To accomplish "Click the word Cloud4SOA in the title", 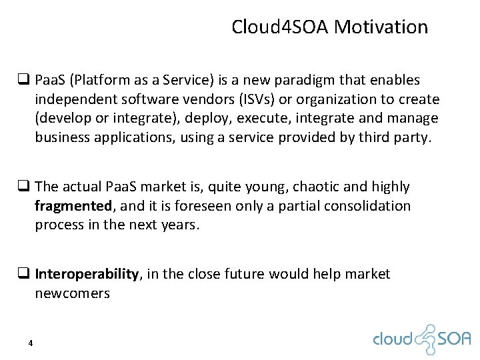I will coord(280,27).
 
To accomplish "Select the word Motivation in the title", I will coord(381,27).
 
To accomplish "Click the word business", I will coord(62,138).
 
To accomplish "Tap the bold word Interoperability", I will coord(87,274).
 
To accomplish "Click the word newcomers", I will coord(73,293).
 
